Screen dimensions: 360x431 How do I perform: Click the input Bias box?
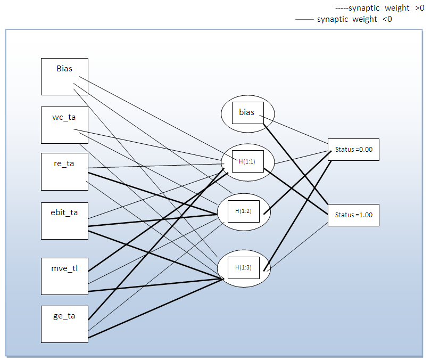pyautogui.click(x=64, y=76)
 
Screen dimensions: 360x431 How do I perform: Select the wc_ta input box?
pyautogui.click(x=64, y=125)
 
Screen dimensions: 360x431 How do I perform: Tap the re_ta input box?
pyautogui.click(x=64, y=171)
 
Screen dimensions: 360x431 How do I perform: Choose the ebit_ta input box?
pyautogui.click(x=64, y=220)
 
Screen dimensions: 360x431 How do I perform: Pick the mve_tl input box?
pyautogui.click(x=64, y=276)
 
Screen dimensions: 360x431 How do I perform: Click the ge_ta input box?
pyautogui.click(x=64, y=324)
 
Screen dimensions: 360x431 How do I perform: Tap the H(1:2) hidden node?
pyautogui.click(x=243, y=211)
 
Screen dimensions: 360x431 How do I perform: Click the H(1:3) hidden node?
pyautogui.click(x=243, y=267)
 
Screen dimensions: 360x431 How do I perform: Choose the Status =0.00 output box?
pyautogui.click(x=353, y=150)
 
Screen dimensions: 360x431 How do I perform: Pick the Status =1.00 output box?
pyautogui.click(x=353, y=215)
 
